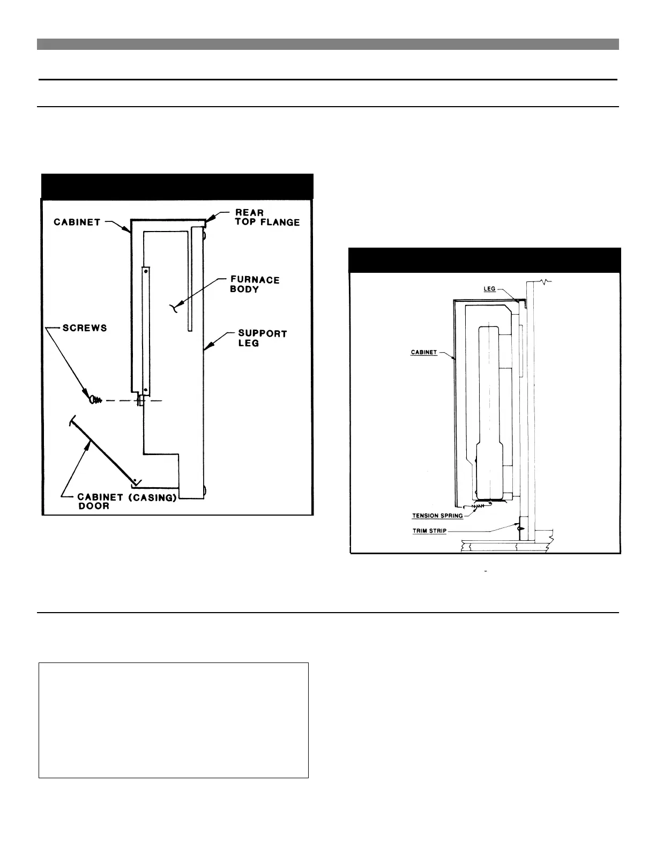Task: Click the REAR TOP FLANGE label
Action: [x=267, y=217]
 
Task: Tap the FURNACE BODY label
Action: [x=255, y=284]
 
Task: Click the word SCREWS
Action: [x=85, y=327]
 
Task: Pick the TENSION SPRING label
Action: [x=437, y=516]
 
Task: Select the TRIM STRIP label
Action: [x=429, y=531]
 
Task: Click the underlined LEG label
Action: [x=489, y=289]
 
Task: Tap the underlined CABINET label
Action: [x=423, y=352]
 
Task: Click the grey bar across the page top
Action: [x=328, y=44]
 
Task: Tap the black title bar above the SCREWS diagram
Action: [x=177, y=185]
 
